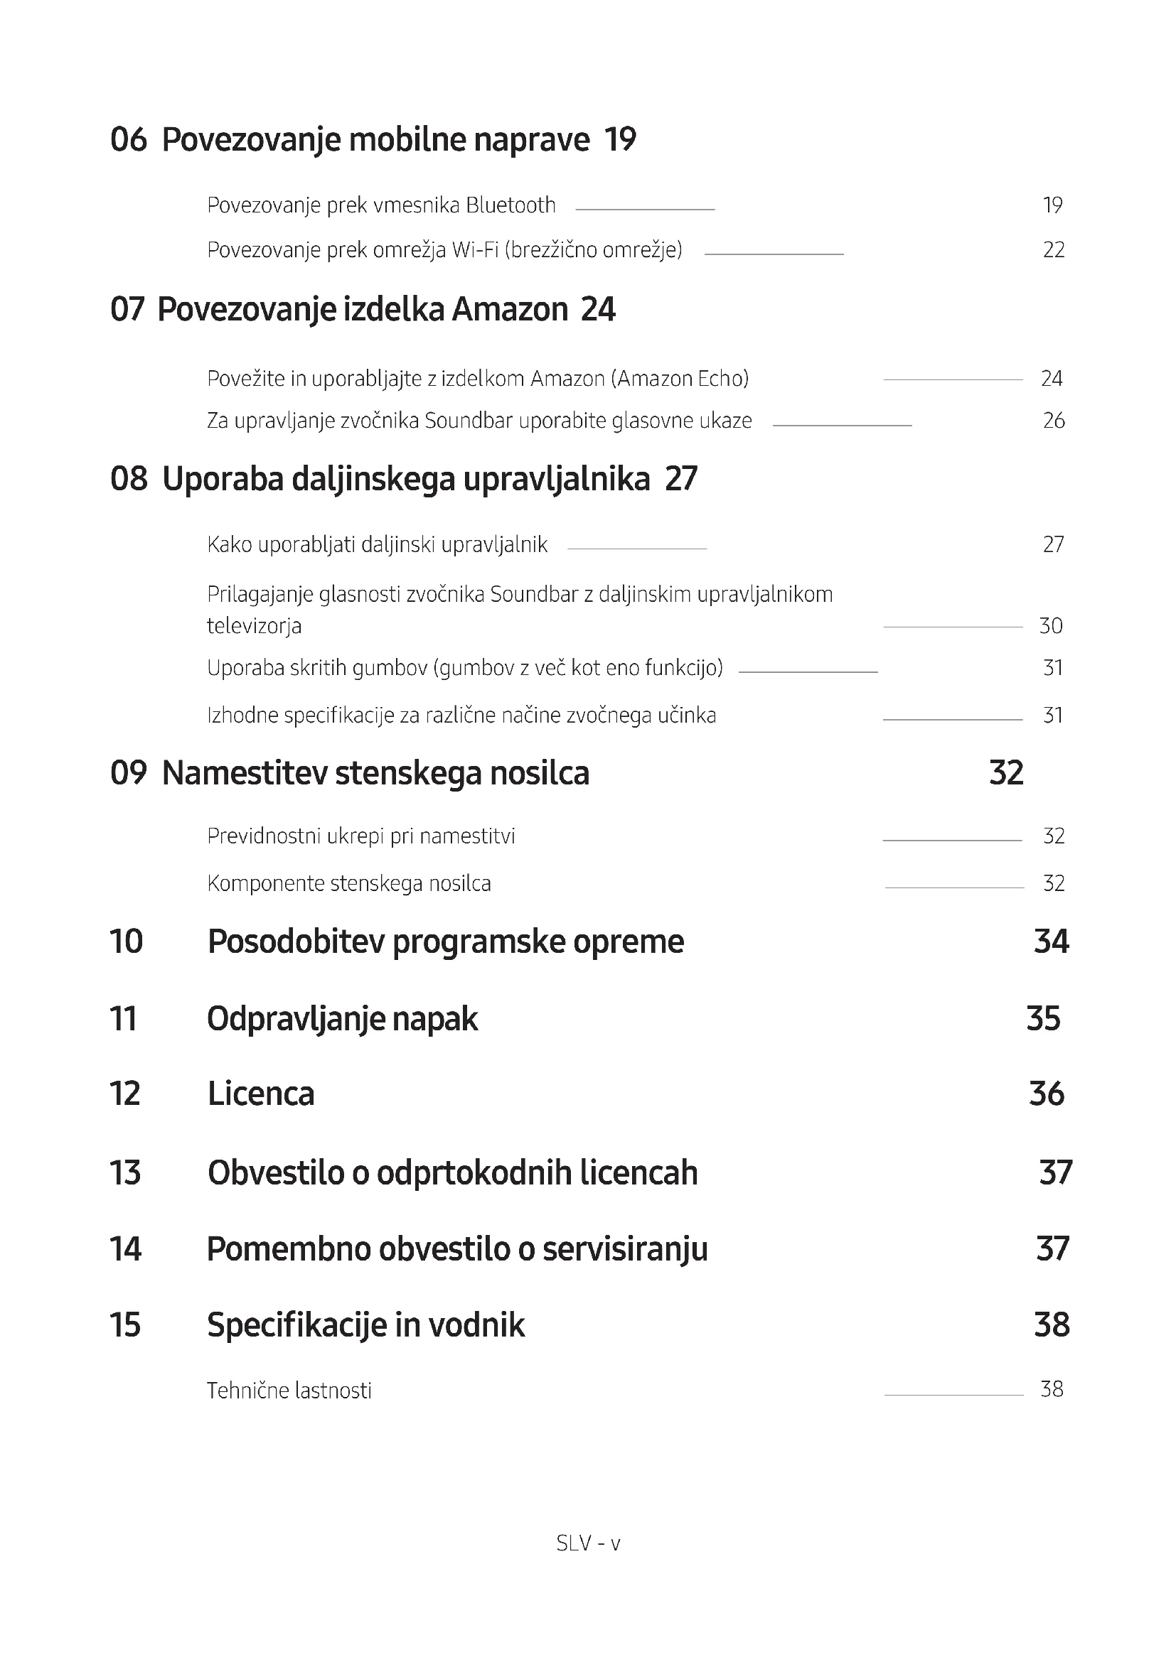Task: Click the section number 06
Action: click(128, 139)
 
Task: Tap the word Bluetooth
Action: click(511, 205)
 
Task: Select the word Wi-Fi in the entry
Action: click(475, 250)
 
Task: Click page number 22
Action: click(1053, 250)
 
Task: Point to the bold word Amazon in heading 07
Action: click(510, 310)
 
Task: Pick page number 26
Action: click(1053, 421)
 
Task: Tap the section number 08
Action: click(128, 479)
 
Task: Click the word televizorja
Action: click(253, 626)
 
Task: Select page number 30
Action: click(1051, 626)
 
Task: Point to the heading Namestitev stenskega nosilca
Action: click(375, 773)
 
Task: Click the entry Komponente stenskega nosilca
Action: click(348, 884)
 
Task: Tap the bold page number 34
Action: click(1051, 941)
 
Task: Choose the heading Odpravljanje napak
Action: click(342, 1019)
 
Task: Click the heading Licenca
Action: click(261, 1094)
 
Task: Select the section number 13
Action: click(124, 1172)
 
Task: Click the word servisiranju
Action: click(624, 1249)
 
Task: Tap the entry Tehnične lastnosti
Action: click(289, 1391)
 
